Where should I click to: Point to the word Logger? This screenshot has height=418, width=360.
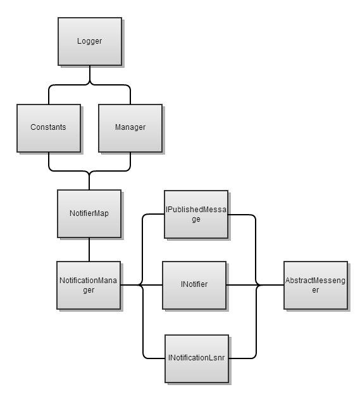point(89,41)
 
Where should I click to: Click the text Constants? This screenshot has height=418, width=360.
point(48,127)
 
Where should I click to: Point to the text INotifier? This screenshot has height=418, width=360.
point(194,285)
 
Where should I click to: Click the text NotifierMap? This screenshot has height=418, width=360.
point(89,213)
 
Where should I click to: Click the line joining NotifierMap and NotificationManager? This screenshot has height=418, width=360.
point(89,250)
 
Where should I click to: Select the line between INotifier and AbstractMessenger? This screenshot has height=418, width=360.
point(240,285)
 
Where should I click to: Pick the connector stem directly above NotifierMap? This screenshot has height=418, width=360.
point(89,181)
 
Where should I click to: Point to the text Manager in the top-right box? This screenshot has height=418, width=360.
point(130,127)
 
